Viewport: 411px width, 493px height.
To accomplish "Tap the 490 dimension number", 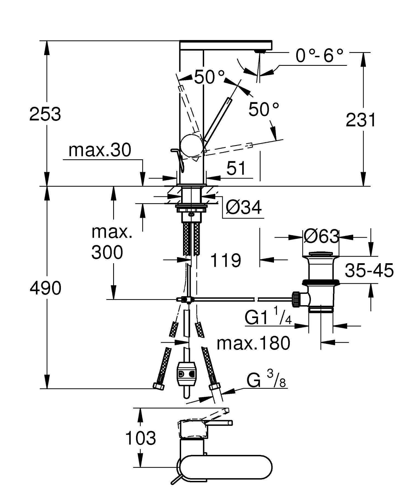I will (45, 288).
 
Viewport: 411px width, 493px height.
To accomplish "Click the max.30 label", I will (100, 150).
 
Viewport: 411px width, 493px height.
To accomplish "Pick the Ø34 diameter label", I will (244, 208).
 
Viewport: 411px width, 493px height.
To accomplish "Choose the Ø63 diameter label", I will (321, 236).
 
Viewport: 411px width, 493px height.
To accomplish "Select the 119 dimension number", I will (226, 260).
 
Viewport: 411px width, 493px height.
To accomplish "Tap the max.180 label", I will (253, 343).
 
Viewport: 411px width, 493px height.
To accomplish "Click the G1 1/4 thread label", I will (268, 318).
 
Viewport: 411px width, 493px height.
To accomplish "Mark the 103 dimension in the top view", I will (141, 438).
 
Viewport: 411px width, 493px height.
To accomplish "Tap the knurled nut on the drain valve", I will (296, 300).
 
